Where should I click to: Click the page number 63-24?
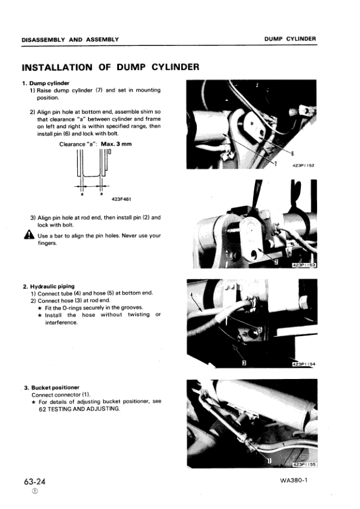click(x=34, y=481)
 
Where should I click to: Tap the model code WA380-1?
click(x=294, y=480)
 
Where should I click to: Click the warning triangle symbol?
click(x=29, y=235)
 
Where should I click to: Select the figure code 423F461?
click(x=121, y=199)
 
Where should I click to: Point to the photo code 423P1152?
click(x=304, y=165)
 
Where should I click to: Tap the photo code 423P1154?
click(x=304, y=365)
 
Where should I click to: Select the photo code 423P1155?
click(x=304, y=465)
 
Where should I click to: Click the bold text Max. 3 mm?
click(x=117, y=144)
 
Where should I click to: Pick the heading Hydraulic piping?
click(x=52, y=287)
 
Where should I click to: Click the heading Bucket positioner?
click(x=55, y=387)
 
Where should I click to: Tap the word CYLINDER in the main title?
click(x=175, y=67)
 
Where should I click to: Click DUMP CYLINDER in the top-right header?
click(x=290, y=39)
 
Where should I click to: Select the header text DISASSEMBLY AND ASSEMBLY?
click(x=71, y=40)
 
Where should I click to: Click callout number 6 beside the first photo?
click(x=292, y=154)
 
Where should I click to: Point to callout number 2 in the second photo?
click(x=276, y=262)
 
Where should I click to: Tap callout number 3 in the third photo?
click(x=244, y=362)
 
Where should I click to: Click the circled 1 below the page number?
click(x=34, y=491)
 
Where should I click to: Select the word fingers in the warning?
click(x=47, y=243)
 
